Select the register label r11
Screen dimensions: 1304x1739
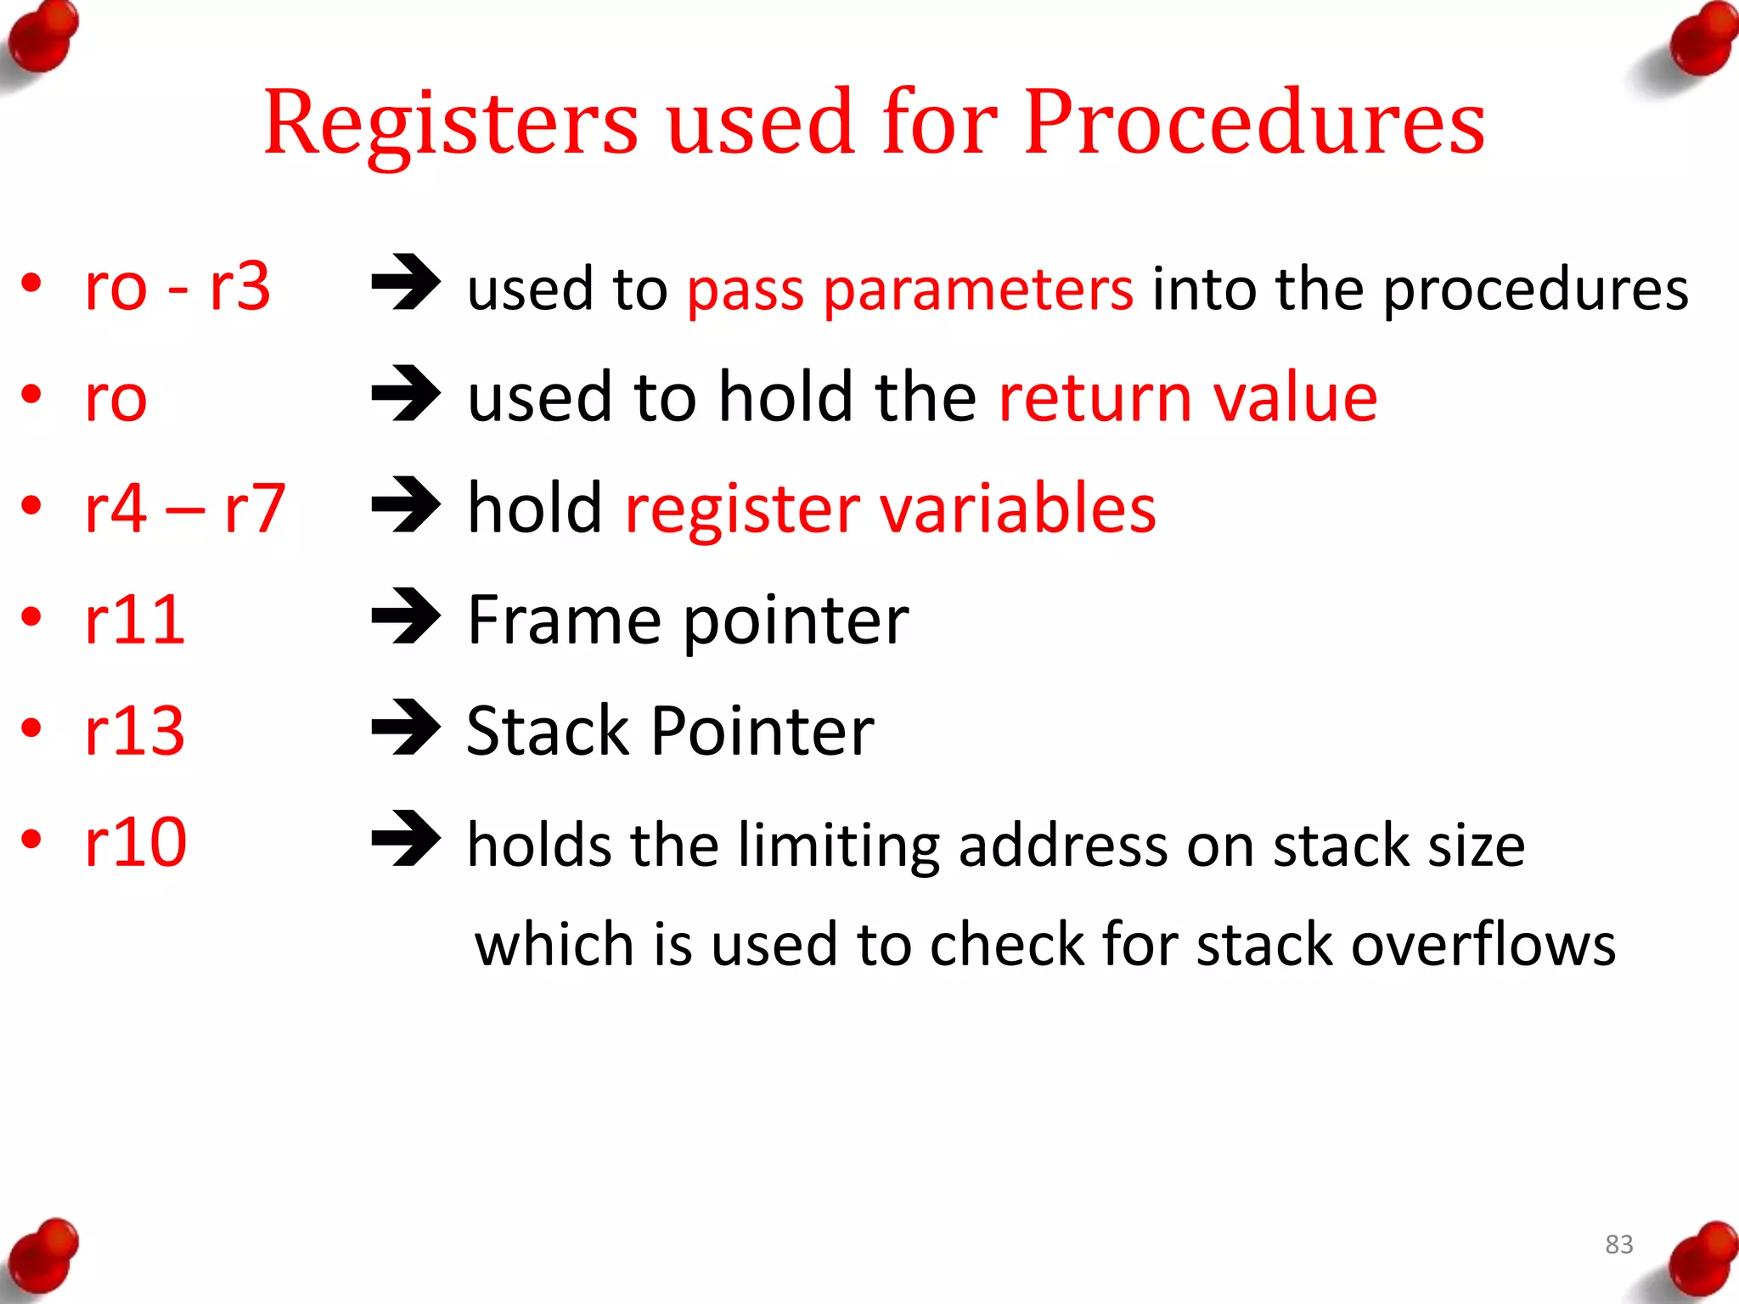coord(135,620)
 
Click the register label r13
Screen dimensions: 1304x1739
coord(135,731)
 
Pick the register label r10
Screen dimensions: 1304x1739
coord(136,842)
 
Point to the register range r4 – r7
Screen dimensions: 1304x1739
coord(185,509)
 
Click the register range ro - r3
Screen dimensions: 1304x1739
coord(177,286)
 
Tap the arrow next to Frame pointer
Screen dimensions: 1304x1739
coord(406,616)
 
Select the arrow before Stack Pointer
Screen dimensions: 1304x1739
coord(406,728)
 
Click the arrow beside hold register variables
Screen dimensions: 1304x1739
coord(406,505)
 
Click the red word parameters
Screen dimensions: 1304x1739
coord(978,291)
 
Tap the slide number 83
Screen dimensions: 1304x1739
coord(1618,1245)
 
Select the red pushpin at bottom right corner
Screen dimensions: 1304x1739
coord(1702,1260)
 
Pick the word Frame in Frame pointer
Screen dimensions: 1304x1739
coord(564,620)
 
